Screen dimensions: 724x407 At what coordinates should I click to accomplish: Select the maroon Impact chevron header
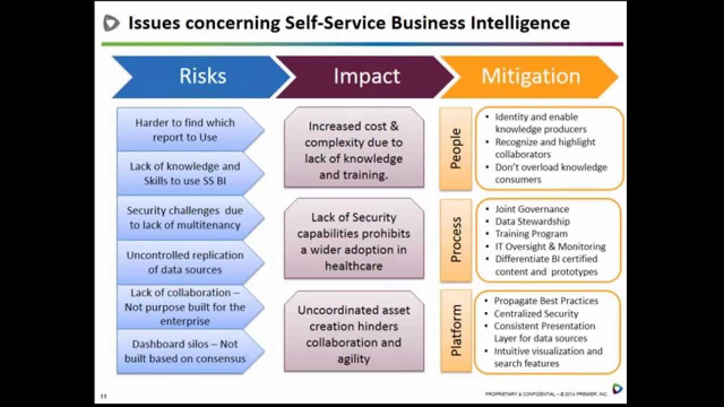366,77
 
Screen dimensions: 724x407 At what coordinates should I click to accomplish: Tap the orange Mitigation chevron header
531,77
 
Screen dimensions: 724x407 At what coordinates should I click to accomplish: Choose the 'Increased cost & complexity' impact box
354,148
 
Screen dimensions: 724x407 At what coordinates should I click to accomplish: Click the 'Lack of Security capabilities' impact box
354,239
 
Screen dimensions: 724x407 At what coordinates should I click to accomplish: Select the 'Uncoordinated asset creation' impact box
354,331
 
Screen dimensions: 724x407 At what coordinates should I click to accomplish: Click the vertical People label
455,149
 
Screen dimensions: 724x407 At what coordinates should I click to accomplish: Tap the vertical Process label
455,240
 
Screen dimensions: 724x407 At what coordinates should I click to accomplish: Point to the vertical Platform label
455,331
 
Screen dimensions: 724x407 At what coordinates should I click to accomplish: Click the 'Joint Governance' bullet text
532,209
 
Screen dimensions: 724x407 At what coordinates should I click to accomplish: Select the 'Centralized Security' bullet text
536,314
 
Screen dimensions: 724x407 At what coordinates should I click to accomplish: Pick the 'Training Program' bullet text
531,234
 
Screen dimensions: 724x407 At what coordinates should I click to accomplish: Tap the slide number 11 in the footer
104,396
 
